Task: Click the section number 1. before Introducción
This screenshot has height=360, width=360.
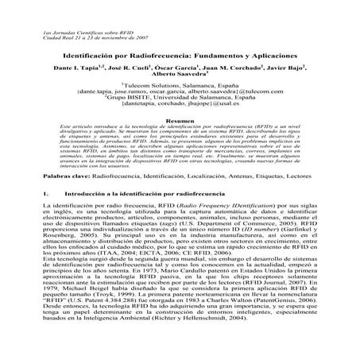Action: coord(43,215)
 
